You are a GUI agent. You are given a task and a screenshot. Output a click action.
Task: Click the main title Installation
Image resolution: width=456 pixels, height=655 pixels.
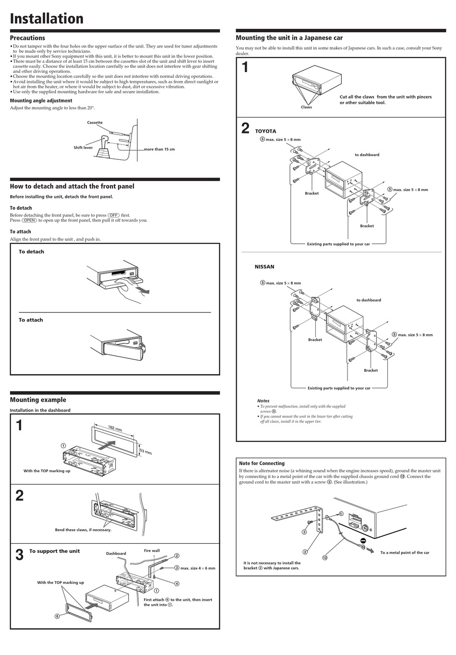click(x=47, y=19)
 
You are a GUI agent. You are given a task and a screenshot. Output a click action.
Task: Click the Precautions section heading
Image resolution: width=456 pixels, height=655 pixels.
click(x=27, y=38)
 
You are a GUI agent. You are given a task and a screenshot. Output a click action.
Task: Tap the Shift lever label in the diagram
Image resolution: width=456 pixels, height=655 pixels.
click(x=83, y=148)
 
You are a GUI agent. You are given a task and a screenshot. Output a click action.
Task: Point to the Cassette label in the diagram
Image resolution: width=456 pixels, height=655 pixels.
click(x=95, y=122)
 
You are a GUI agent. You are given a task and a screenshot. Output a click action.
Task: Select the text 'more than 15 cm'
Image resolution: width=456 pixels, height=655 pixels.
click(x=159, y=149)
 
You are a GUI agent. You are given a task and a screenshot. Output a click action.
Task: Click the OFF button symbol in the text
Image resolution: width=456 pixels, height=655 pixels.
click(x=114, y=215)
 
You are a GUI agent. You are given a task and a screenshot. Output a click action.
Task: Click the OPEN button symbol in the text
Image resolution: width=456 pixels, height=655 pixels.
click(x=29, y=221)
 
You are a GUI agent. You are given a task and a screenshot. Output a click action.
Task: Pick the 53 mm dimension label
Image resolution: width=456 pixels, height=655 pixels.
click(x=145, y=452)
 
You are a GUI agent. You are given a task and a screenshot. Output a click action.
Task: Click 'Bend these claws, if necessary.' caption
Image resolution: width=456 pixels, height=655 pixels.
click(x=83, y=530)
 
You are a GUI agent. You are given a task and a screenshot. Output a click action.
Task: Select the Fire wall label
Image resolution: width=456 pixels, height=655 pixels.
click(x=152, y=550)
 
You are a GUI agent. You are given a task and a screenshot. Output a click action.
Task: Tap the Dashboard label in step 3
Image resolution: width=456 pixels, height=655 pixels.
click(x=116, y=553)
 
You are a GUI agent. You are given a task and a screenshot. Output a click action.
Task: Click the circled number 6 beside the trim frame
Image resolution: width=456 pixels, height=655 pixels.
click(x=57, y=616)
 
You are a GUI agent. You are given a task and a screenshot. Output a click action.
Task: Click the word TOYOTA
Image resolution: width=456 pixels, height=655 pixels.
click(x=265, y=131)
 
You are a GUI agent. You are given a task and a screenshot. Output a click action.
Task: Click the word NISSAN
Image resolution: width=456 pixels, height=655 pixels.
click(x=264, y=267)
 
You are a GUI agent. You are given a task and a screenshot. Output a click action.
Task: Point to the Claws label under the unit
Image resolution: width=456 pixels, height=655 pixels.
click(x=306, y=107)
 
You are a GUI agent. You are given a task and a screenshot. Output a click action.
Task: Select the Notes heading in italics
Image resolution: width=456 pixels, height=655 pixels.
click(x=263, y=401)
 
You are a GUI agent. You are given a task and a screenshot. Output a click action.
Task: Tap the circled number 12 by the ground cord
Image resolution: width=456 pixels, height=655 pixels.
click(x=325, y=558)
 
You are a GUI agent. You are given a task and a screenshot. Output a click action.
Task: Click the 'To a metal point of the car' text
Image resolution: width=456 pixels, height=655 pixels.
click(x=405, y=553)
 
